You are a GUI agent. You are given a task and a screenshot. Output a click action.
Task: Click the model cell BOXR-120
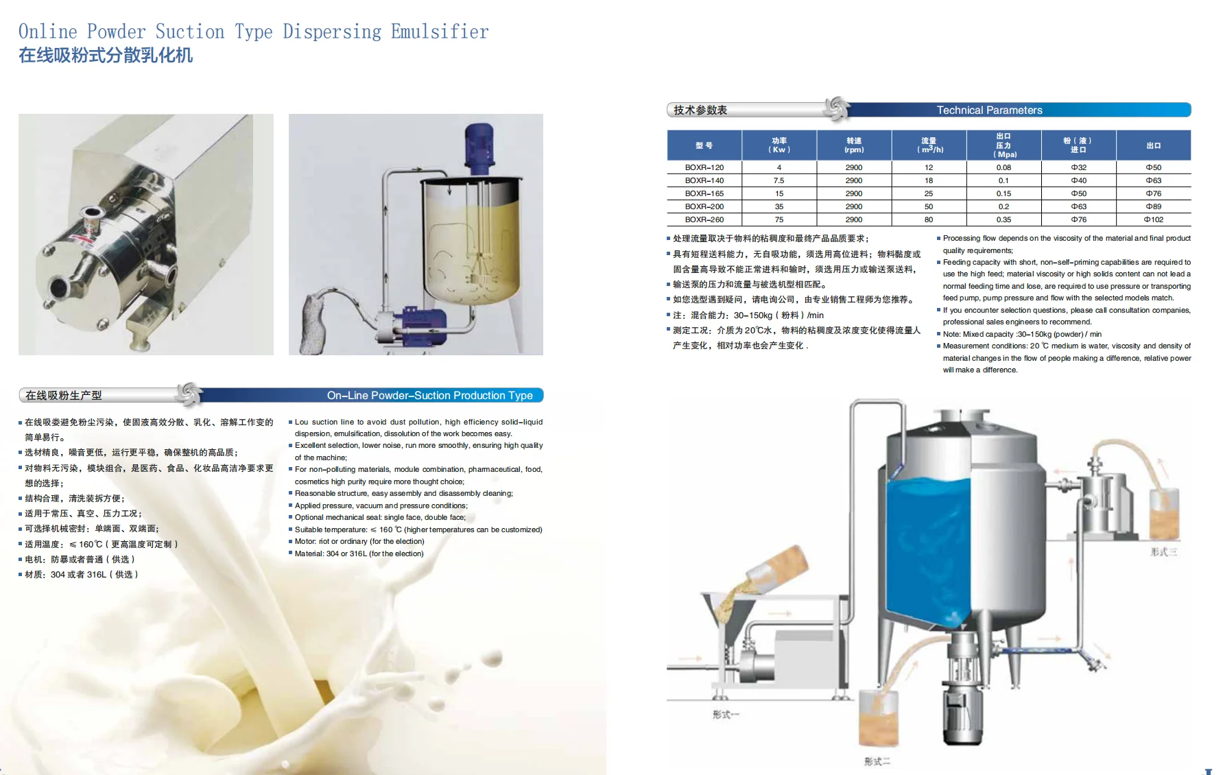704,167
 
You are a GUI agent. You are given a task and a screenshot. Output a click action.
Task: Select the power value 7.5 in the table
779,180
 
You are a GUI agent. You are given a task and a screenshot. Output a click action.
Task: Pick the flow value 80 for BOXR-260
929,219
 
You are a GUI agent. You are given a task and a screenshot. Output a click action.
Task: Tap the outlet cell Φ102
1153,219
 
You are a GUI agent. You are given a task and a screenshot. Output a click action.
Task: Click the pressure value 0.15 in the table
1004,193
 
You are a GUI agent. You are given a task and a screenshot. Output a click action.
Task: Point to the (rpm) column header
854,150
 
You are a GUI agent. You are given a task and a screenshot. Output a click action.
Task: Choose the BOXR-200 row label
704,206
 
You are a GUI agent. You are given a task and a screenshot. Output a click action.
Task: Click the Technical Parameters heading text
989,110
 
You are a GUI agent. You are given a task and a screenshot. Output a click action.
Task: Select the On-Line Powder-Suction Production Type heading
429,395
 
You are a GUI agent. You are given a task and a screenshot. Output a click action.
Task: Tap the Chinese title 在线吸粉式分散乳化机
106,56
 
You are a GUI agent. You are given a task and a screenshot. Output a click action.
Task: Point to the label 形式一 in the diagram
725,714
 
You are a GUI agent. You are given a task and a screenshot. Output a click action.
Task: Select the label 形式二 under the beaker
877,761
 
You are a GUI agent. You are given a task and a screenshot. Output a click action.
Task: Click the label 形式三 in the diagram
1164,551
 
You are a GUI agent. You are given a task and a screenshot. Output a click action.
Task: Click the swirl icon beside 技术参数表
837,109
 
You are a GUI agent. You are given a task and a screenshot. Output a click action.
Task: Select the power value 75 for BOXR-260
779,219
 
